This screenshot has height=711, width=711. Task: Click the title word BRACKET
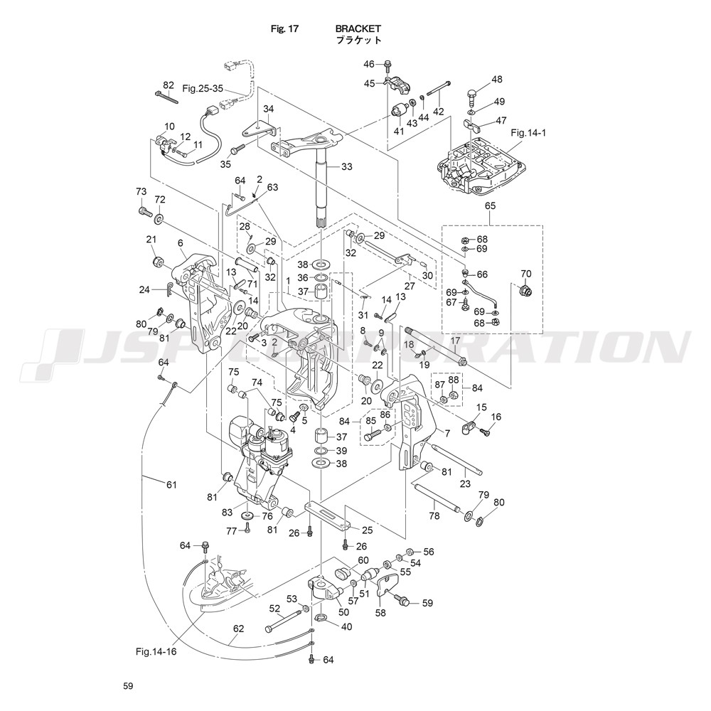(358, 29)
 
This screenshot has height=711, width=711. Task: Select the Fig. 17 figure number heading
(284, 29)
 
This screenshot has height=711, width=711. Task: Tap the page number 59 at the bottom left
(127, 686)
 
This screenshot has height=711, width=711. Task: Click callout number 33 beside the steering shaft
(346, 167)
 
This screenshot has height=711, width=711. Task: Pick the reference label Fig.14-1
(528, 133)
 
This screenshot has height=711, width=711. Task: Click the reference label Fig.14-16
(156, 651)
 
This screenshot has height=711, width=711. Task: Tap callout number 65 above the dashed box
(490, 206)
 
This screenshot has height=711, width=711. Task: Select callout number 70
(526, 273)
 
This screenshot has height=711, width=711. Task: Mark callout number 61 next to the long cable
(171, 485)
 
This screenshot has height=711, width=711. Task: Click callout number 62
(238, 629)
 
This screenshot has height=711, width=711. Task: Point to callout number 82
(169, 85)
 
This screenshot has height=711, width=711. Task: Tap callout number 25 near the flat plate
(368, 530)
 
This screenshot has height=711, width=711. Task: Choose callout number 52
(274, 609)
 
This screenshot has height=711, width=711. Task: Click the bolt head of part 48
(473, 94)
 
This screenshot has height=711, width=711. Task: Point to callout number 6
(181, 243)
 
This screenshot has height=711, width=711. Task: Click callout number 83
(228, 512)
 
